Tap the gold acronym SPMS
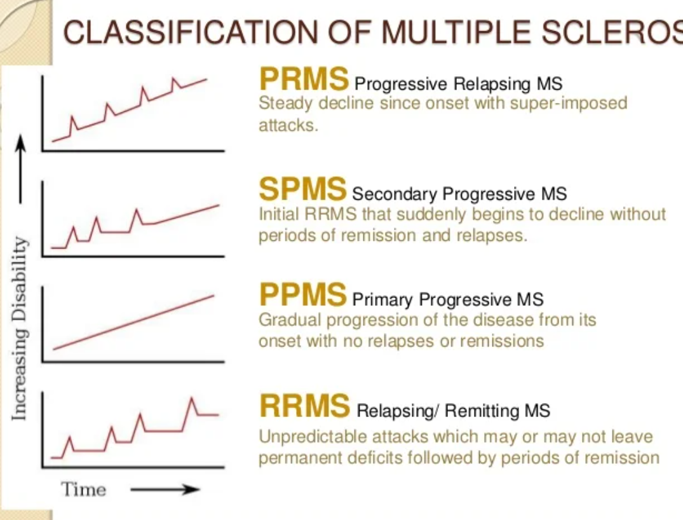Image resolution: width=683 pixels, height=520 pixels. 302,189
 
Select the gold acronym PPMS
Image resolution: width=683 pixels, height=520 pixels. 302,294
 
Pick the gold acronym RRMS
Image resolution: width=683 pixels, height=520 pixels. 304,406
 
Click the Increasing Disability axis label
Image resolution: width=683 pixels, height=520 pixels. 20,328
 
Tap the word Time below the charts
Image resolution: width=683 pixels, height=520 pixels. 83,489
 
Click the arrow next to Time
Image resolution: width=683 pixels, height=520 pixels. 165,489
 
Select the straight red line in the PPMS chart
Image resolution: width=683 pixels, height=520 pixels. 133,322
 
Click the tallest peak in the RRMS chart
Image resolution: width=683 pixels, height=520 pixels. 191,399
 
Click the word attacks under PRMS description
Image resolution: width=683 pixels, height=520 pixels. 287,125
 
